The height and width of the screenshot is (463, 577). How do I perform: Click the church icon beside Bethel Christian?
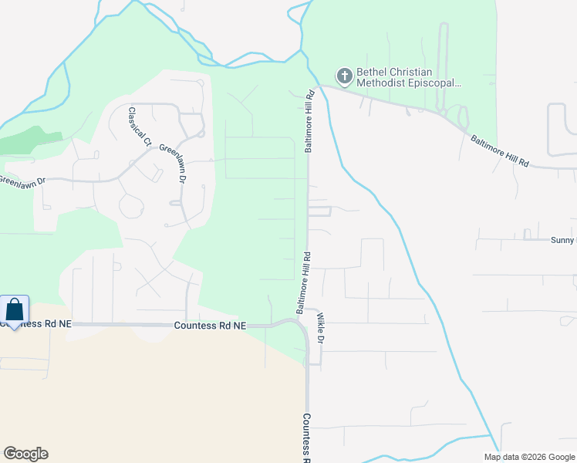click(x=344, y=76)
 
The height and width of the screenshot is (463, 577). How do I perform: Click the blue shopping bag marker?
click(x=15, y=310)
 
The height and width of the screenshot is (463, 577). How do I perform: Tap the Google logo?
click(x=25, y=453)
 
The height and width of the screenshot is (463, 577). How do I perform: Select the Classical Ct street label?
click(x=140, y=127)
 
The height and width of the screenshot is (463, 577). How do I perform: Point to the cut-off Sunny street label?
click(x=562, y=241)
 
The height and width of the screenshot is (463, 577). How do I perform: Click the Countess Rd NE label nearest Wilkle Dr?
click(x=210, y=326)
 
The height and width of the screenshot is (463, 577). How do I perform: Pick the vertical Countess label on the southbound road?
click(x=306, y=437)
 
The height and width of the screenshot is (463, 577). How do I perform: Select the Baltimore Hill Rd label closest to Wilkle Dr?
click(x=302, y=282)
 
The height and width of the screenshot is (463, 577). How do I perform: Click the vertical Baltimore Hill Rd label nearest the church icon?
click(x=309, y=121)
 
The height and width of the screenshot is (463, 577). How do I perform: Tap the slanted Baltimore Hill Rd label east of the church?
click(x=501, y=151)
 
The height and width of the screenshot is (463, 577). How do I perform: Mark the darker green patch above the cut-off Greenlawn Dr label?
click(x=31, y=142)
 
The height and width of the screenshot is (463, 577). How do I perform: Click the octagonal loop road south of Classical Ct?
click(x=130, y=206)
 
